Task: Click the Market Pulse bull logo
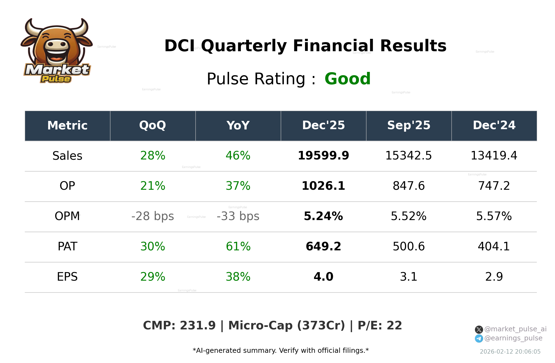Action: (x=56, y=51)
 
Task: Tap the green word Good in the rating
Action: (x=347, y=79)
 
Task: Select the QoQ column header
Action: (x=153, y=126)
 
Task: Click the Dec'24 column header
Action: (x=494, y=126)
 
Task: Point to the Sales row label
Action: (x=67, y=156)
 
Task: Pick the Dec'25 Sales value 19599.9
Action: (x=323, y=156)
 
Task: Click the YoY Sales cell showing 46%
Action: (x=238, y=156)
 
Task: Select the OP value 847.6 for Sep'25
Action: (x=409, y=186)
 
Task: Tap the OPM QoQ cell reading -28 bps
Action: (x=153, y=216)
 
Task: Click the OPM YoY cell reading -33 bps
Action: (x=238, y=216)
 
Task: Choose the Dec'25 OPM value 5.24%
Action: (x=323, y=216)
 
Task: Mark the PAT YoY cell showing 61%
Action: (x=238, y=247)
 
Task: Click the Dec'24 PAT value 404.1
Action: (x=494, y=247)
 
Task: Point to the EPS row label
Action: (x=67, y=277)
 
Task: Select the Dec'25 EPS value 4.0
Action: (x=323, y=277)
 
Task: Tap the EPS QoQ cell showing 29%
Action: (x=153, y=277)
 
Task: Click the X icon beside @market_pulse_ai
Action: (x=479, y=330)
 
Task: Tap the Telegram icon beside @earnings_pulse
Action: (x=479, y=338)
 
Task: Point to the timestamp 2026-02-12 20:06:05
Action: (x=510, y=352)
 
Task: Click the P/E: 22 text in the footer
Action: (x=380, y=326)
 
